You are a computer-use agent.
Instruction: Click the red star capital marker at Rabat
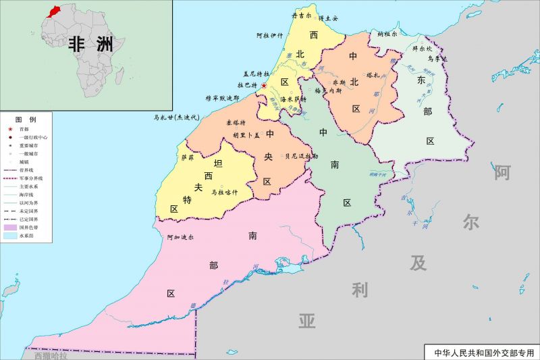(264, 86)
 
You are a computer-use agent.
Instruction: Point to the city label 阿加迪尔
(180, 237)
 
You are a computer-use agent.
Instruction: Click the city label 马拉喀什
(225, 192)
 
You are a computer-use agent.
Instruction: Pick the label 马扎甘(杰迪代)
(178, 117)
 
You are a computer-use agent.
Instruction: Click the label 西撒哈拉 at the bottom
(51, 355)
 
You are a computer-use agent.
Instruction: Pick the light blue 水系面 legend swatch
(10, 236)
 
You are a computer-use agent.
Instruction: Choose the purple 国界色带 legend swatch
(10, 228)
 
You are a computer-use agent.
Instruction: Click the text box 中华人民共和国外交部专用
(483, 353)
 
